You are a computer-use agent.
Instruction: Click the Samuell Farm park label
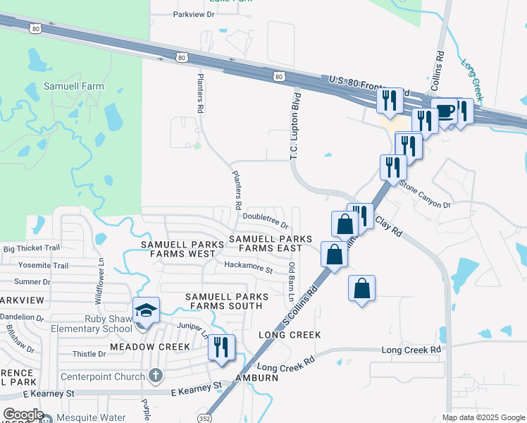coord(74,87)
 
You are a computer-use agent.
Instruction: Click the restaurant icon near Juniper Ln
coord(222,348)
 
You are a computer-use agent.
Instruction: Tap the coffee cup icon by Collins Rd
coord(445,111)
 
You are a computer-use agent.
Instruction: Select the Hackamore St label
coord(248,267)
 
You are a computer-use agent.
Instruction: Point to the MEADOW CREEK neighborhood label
coord(150,347)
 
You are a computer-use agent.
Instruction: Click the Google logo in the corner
coord(23,415)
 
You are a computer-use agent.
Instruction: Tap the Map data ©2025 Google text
coord(483,417)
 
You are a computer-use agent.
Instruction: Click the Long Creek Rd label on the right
coord(411,350)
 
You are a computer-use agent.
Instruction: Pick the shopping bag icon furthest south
coord(361,288)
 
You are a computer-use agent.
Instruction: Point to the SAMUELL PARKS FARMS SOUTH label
coord(223,301)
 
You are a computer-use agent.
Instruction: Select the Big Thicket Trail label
coord(32,248)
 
